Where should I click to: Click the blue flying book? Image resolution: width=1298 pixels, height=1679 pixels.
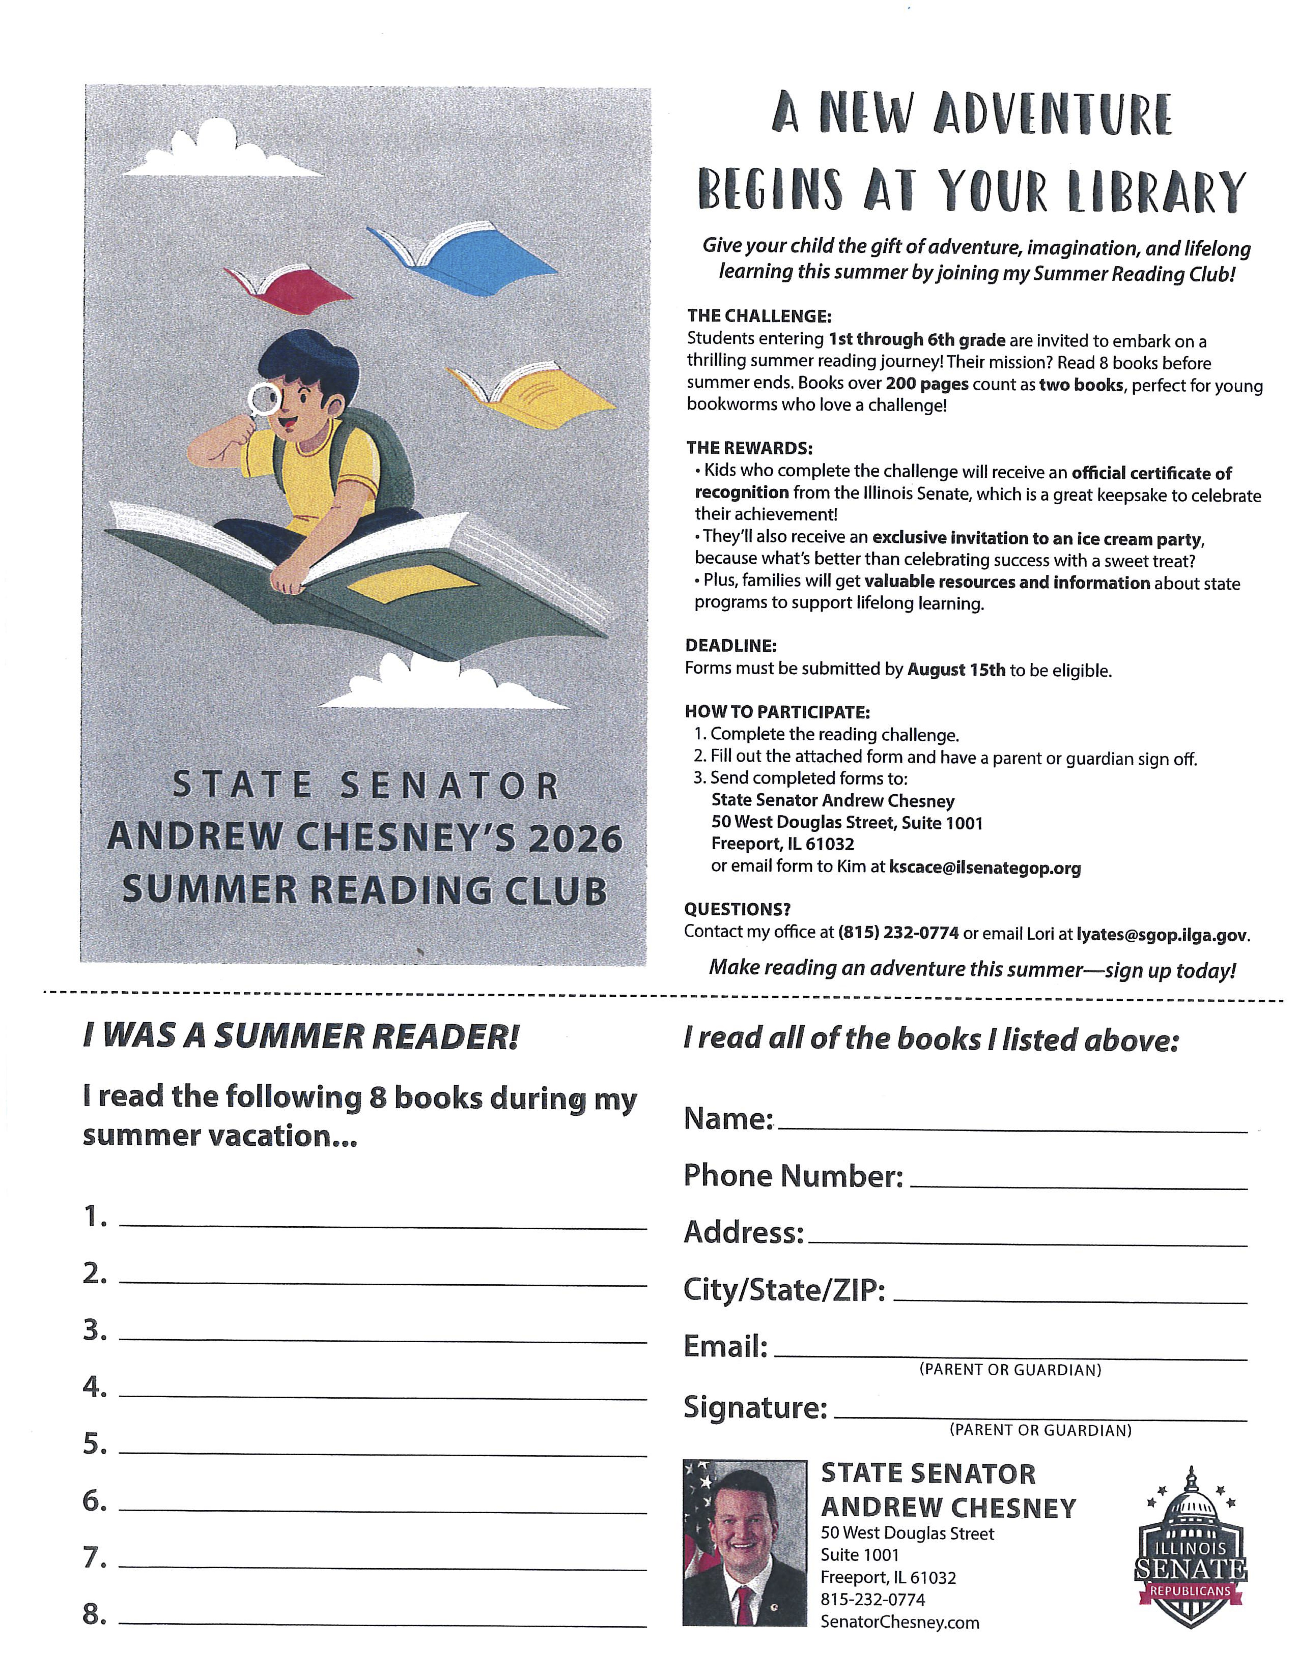point(461,258)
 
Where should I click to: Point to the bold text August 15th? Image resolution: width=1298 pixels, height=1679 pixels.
point(956,669)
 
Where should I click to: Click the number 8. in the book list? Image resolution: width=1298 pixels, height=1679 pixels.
point(95,1615)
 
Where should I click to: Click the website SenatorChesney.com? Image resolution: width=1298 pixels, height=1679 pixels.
point(900,1622)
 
